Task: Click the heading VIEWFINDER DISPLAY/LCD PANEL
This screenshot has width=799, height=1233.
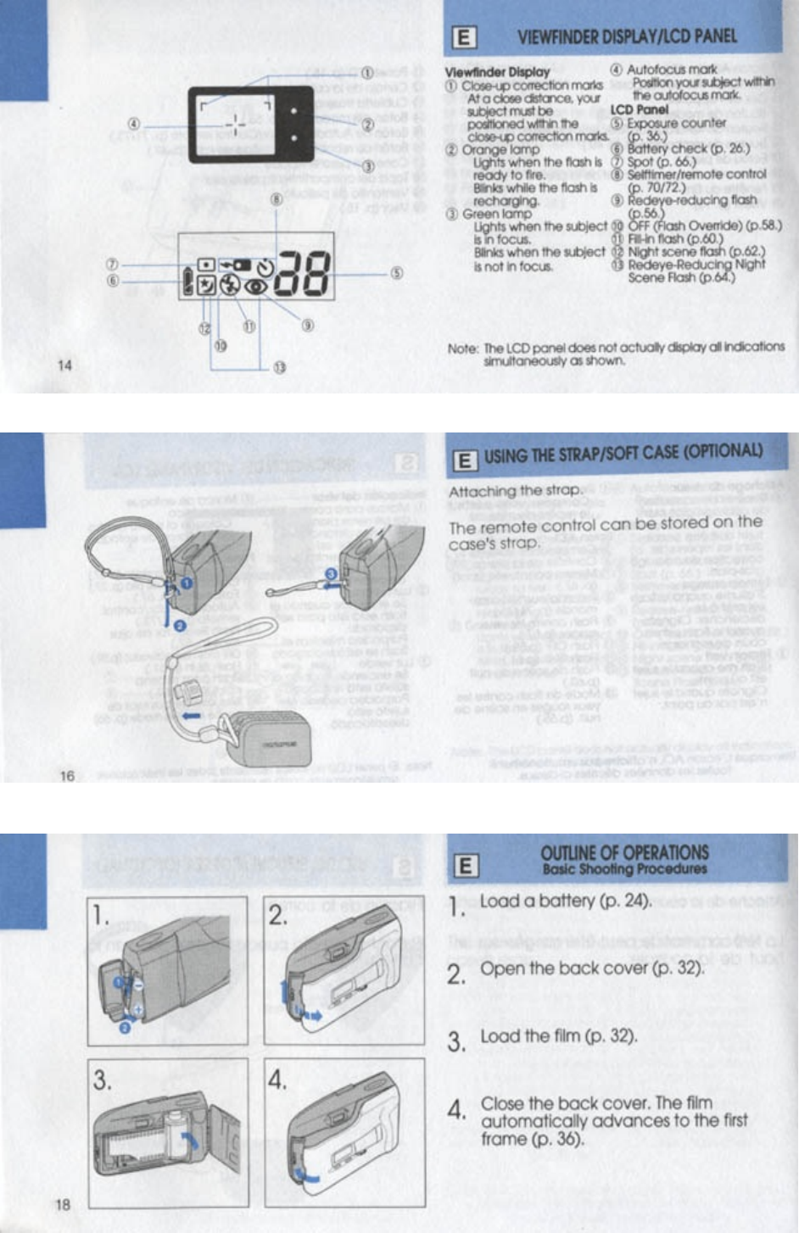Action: (x=626, y=36)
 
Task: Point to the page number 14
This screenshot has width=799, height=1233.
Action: (x=65, y=365)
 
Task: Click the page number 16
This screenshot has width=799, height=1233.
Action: (x=67, y=775)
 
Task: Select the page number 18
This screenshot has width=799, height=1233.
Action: (x=64, y=1204)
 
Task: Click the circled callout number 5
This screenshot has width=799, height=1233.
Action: (x=396, y=273)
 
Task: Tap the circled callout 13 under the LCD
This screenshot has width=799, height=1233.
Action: (x=279, y=367)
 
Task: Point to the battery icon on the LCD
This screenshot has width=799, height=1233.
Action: (x=188, y=281)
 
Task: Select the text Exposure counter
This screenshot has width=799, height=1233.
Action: (x=676, y=123)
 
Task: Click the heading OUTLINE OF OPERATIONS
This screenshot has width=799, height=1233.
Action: (x=624, y=853)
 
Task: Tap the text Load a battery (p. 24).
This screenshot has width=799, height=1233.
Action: (x=565, y=901)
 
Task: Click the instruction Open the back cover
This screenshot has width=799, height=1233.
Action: (x=592, y=968)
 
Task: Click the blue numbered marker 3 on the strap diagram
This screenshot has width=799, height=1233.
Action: (x=331, y=574)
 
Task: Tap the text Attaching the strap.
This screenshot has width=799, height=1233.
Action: (x=515, y=490)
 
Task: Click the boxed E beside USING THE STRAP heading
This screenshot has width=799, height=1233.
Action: (x=464, y=460)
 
